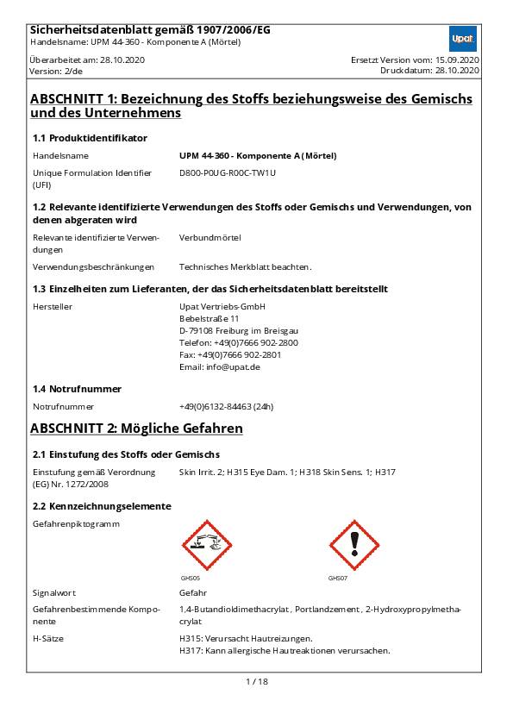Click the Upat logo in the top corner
[x=463, y=39]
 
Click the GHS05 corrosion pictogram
[x=207, y=545]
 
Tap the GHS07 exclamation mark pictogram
[x=354, y=545]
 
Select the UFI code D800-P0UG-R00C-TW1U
[x=228, y=172]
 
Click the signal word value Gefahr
[x=193, y=593]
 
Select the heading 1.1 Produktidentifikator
[x=90, y=138]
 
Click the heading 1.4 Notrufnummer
[x=77, y=389]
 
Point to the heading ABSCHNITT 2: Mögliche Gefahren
[x=136, y=429]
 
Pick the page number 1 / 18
[x=257, y=681]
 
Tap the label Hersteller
[x=53, y=306]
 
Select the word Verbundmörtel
[x=210, y=237]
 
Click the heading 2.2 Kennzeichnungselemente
[x=102, y=506]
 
